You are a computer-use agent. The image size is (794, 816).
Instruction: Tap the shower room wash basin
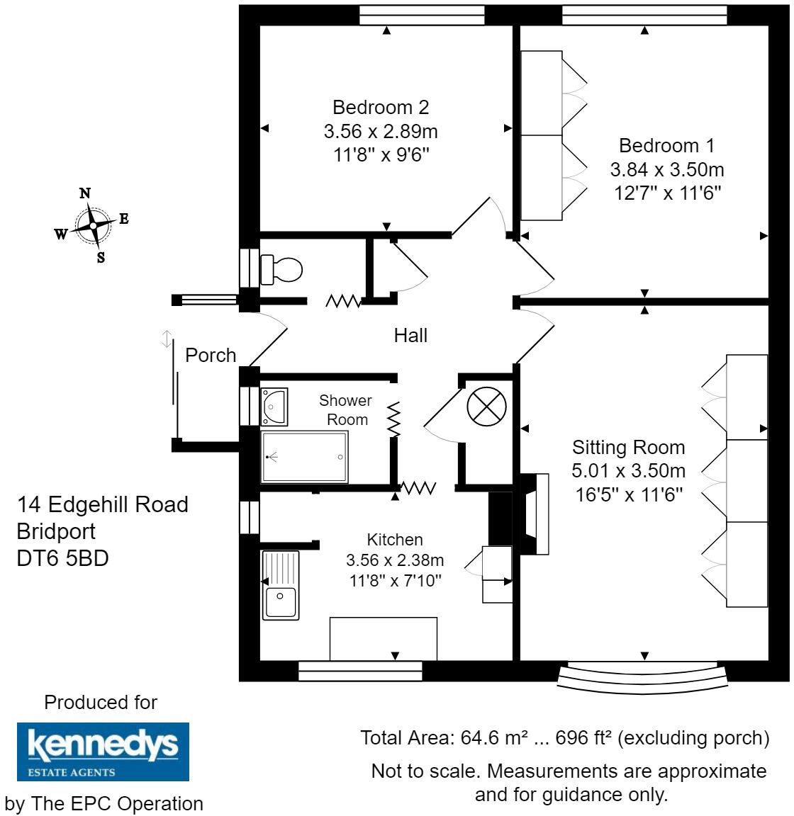(274, 406)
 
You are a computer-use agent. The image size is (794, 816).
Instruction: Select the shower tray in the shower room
(305, 457)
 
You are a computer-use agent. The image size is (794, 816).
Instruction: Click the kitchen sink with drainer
(281, 585)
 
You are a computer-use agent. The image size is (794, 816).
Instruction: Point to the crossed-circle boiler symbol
(486, 408)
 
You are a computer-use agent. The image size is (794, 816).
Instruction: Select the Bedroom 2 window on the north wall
(421, 14)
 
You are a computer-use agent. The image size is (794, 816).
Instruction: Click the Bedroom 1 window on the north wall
(644, 14)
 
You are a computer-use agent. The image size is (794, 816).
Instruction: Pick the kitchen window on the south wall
(360, 670)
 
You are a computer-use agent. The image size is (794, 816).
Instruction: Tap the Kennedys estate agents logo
(103, 751)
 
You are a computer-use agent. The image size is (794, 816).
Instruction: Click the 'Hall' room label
(410, 335)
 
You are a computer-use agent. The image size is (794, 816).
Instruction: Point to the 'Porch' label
(211, 355)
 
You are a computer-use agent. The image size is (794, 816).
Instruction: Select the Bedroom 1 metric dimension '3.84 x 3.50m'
(666, 170)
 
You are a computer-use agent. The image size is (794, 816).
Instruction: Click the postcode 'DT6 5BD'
(62, 558)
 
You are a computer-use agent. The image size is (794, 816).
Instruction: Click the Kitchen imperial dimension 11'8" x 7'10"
(394, 581)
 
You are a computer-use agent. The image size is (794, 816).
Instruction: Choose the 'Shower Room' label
(346, 410)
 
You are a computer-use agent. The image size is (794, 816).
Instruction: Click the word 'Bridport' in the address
(56, 531)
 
